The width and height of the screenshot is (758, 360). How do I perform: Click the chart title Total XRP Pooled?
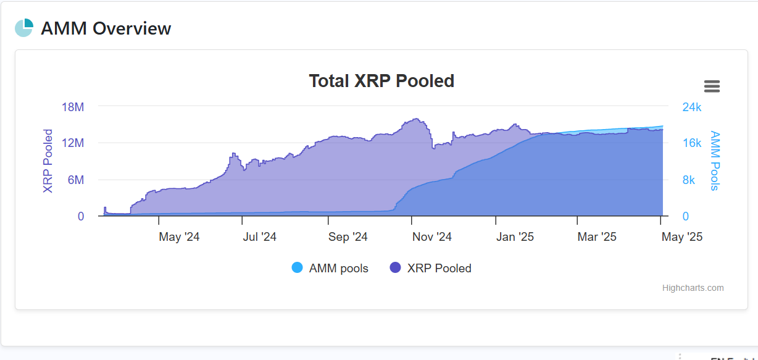pyautogui.click(x=381, y=81)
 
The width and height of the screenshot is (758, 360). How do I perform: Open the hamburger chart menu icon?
pyautogui.click(x=712, y=86)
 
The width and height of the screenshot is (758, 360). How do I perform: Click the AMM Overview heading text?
pyautogui.click(x=106, y=28)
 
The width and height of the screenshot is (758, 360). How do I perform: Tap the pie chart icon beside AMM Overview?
pyautogui.click(x=24, y=28)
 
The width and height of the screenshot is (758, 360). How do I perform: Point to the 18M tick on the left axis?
pyautogui.click(x=73, y=107)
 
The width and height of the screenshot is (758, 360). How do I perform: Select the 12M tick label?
pyautogui.click(x=73, y=143)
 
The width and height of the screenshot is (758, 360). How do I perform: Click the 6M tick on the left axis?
pyautogui.click(x=76, y=180)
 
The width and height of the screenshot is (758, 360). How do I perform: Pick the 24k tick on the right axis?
pyautogui.click(x=691, y=107)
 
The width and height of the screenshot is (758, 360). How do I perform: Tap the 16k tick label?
pyautogui.click(x=691, y=143)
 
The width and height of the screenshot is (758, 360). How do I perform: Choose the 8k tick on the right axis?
pyautogui.click(x=688, y=180)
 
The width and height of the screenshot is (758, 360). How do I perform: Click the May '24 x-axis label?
pyautogui.click(x=179, y=237)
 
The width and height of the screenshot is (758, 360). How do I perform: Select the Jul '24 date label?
pyautogui.click(x=259, y=237)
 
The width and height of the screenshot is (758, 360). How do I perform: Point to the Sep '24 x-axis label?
pyautogui.click(x=348, y=237)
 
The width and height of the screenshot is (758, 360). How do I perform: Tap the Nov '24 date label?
pyautogui.click(x=432, y=237)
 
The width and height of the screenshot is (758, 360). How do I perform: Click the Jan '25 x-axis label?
pyautogui.click(x=515, y=237)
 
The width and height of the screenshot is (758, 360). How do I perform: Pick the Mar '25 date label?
pyautogui.click(x=597, y=237)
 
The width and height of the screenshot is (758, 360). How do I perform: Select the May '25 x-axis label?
pyautogui.click(x=681, y=237)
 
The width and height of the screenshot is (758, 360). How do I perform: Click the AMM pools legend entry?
pyautogui.click(x=330, y=268)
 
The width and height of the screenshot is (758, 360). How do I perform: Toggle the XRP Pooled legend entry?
pyautogui.click(x=430, y=268)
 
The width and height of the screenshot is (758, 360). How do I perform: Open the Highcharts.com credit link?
pyautogui.click(x=693, y=288)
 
